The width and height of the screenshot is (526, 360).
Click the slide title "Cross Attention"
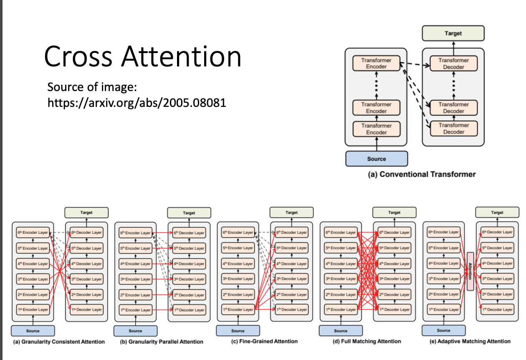[143, 57]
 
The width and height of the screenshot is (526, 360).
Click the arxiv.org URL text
[137, 102]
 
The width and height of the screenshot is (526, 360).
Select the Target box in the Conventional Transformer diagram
[453, 33]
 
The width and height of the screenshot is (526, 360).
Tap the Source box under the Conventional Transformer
[377, 159]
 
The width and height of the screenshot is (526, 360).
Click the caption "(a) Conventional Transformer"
[422, 174]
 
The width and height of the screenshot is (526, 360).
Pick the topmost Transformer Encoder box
[377, 63]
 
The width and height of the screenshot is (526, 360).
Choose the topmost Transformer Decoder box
[453, 63]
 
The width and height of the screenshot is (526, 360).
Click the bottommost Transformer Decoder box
[453, 129]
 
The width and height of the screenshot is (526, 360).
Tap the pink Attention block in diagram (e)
[470, 271]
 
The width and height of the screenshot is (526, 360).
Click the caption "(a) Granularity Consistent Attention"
[58, 342]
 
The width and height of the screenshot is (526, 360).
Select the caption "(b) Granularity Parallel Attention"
[161, 342]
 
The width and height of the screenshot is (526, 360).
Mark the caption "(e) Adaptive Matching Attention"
[470, 341]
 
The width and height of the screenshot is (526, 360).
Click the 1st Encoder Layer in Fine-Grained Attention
[238, 310]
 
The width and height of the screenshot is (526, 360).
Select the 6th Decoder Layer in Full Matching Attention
[394, 232]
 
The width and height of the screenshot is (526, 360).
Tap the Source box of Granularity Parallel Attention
[136, 331]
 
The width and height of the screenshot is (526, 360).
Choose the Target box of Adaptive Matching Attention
[497, 213]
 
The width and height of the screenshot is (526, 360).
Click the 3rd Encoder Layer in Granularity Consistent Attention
[33, 279]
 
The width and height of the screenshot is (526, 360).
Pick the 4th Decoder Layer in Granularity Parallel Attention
[189, 264]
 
